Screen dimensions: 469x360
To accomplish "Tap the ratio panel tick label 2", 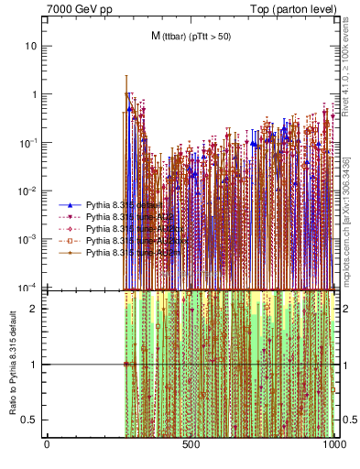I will pyautogui.click(x=36, y=308).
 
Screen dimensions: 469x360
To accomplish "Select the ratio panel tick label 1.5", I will pyautogui.click(x=32, y=336).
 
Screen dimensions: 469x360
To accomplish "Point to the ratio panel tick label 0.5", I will pyautogui.click(x=32, y=420).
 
